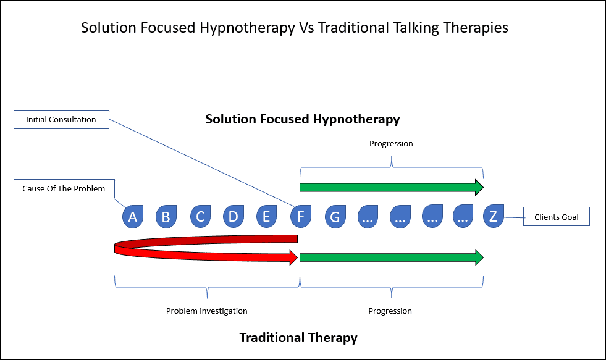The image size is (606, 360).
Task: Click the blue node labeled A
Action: [133, 216]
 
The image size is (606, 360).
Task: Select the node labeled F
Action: [301, 216]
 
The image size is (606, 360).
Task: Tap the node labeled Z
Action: [494, 216]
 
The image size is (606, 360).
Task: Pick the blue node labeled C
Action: [200, 216]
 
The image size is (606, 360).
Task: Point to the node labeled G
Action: [335, 216]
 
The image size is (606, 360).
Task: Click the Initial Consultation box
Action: [61, 119]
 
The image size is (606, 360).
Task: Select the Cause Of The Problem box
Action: [64, 188]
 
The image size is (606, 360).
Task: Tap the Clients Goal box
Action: [557, 217]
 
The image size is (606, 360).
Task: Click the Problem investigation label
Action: [207, 311]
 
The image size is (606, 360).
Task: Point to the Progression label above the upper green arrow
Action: [391, 144]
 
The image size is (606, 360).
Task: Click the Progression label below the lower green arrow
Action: [390, 311]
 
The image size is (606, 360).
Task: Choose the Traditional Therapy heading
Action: [298, 338]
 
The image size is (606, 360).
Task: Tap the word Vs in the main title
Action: [306, 28]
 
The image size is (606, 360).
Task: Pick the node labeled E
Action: [267, 216]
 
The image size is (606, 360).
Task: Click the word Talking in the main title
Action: [416, 28]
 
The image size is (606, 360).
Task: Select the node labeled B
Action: [166, 216]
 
